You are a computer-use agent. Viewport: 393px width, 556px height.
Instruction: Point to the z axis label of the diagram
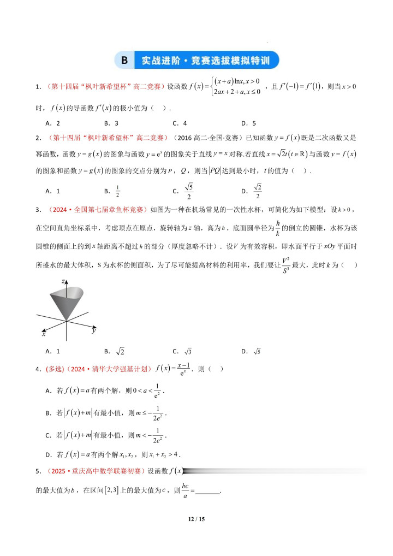pos(64,281)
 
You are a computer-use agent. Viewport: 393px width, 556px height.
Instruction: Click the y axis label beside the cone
pos(94,330)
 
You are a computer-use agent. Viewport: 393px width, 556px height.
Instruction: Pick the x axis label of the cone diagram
pos(44,332)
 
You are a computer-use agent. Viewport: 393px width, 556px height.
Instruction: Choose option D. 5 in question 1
pos(249,123)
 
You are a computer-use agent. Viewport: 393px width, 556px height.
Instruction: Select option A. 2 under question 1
pos(53,123)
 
